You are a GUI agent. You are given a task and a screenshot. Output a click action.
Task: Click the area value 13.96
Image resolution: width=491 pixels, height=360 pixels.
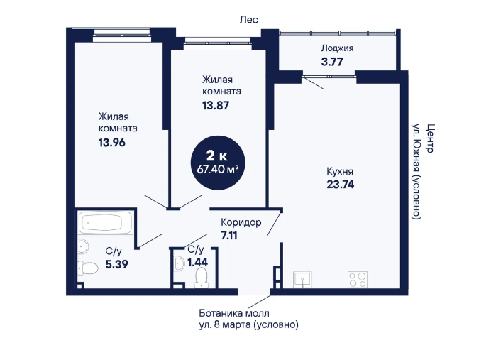(112, 143)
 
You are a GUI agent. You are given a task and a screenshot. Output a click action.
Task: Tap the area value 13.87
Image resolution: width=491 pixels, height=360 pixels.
(216, 106)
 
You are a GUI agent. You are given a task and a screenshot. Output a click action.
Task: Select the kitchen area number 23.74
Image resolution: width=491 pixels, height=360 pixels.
(341, 185)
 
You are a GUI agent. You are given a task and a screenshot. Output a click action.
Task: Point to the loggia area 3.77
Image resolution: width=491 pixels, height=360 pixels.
(332, 62)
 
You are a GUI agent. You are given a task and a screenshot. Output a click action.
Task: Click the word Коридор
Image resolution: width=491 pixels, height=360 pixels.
(241, 222)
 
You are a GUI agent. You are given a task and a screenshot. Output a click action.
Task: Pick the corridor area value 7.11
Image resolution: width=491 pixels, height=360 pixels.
(229, 235)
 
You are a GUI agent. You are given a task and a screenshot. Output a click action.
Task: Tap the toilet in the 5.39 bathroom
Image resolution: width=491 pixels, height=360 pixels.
(87, 267)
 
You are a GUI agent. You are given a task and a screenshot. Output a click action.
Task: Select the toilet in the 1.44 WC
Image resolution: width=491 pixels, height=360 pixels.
(201, 278)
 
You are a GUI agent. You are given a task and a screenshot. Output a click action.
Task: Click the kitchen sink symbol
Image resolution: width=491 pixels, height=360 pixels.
(302, 280)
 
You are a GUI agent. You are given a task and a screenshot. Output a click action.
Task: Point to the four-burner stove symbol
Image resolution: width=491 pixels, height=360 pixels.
(358, 279)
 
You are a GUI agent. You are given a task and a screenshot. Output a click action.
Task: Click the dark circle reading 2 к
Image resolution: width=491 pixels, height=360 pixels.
(218, 163)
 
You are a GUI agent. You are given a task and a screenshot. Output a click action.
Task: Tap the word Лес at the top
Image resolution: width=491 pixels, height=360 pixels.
(249, 20)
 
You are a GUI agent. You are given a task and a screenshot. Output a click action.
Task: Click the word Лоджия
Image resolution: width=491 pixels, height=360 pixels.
(337, 48)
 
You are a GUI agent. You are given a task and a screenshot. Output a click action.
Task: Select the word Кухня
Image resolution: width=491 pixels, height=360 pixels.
(340, 171)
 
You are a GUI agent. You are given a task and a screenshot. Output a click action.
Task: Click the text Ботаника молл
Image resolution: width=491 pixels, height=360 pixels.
(234, 313)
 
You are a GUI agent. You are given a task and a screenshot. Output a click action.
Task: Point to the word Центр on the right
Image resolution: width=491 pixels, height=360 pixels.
(431, 138)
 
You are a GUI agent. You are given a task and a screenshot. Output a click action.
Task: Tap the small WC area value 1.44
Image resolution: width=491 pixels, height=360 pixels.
(197, 262)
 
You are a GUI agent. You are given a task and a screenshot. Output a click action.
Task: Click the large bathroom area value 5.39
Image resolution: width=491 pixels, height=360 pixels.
(116, 264)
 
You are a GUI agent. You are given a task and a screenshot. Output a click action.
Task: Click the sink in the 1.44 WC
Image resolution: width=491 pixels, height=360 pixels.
(179, 263)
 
